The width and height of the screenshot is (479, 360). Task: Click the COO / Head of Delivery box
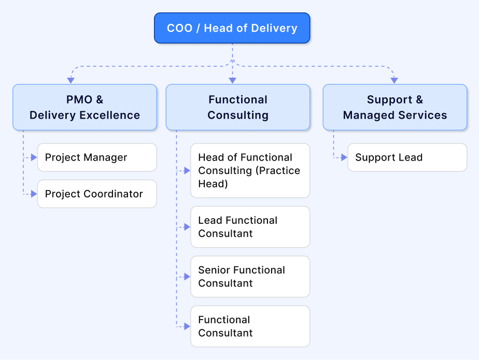[x=232, y=28]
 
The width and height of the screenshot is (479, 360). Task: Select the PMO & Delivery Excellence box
[x=84, y=107]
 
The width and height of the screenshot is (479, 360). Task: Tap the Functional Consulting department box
[x=238, y=107]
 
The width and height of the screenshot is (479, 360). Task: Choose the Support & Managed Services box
[x=395, y=107]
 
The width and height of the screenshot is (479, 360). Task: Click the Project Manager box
[x=97, y=157]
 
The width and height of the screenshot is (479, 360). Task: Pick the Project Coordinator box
[x=97, y=194]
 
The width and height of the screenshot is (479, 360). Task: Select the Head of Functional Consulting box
[x=250, y=170]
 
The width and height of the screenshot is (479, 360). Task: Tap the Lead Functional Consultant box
[x=250, y=227]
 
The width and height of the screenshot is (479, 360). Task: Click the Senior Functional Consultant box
[x=250, y=277]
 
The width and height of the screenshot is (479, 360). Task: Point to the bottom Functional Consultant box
[x=250, y=326]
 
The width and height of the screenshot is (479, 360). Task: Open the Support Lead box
[x=407, y=157]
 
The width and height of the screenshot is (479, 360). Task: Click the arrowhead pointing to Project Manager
[x=34, y=157]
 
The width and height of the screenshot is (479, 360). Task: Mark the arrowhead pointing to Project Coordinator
[x=34, y=194]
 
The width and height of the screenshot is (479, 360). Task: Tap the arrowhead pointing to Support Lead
[x=344, y=157]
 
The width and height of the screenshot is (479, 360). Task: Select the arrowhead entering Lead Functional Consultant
[x=188, y=227]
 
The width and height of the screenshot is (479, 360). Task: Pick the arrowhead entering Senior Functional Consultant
[x=188, y=277]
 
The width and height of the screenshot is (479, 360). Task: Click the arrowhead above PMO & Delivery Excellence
[x=71, y=80]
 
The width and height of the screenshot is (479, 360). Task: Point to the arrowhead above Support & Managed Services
[x=394, y=80]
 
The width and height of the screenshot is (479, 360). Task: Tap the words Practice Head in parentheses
[x=249, y=177]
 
